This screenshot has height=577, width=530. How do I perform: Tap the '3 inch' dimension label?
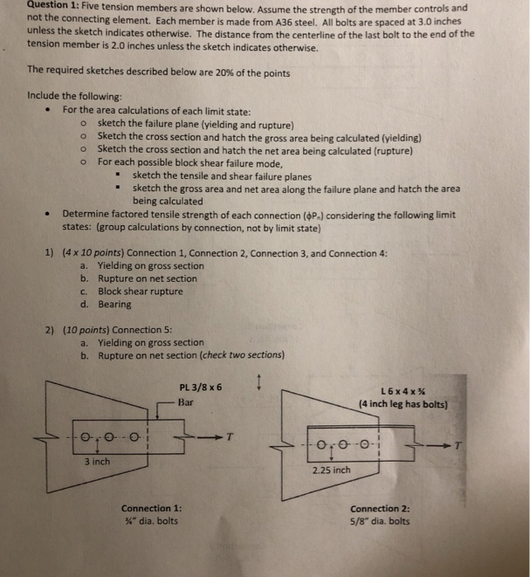[x=97, y=462]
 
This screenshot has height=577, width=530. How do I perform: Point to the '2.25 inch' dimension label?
[x=331, y=471]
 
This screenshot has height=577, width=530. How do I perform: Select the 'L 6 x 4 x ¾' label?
[x=404, y=391]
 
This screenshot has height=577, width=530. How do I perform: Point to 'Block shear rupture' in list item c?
[x=140, y=291]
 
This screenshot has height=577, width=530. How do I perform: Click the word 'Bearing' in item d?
[x=115, y=304]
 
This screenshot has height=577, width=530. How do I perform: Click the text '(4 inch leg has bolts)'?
[x=404, y=404]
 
